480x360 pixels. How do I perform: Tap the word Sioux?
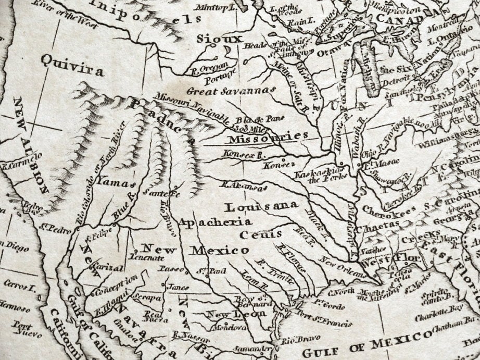click(219, 39)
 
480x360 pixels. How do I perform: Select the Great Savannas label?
click(231, 90)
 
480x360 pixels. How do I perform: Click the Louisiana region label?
click(261, 206)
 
